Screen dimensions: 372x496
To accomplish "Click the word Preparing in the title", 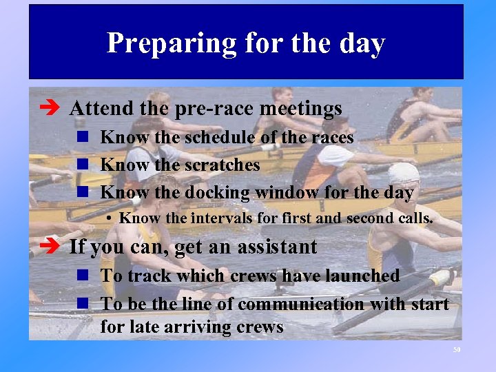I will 162,44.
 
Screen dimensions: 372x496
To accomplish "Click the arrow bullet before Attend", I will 54,109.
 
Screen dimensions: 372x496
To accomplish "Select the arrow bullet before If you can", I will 54,247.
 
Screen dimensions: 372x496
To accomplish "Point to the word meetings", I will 299,109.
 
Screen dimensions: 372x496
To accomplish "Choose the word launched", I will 354,276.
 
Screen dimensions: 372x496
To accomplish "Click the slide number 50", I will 456,350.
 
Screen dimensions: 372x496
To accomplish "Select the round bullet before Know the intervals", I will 110,220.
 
